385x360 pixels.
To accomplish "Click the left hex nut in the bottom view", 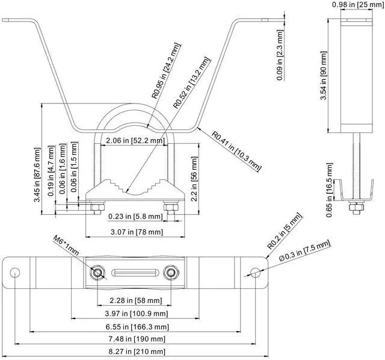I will point(97,273).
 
